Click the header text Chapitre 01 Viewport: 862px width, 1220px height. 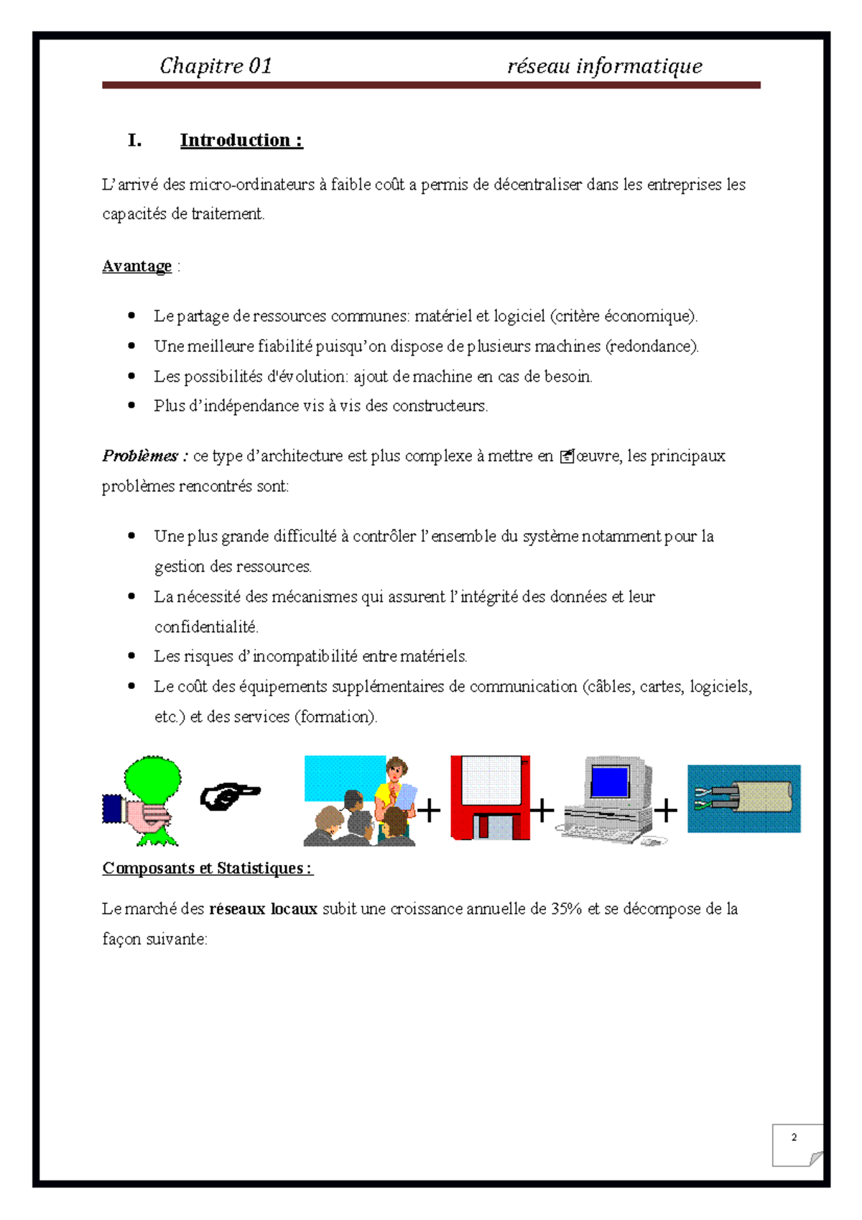tap(215, 66)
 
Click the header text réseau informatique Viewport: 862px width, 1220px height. tap(604, 66)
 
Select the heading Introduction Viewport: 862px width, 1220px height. tap(241, 140)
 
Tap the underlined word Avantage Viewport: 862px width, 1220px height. tap(136, 267)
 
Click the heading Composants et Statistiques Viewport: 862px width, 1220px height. tap(207, 868)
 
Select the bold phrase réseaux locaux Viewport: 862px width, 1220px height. tap(263, 909)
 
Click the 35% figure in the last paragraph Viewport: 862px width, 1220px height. tap(566, 909)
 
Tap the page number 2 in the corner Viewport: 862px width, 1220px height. tap(794, 1137)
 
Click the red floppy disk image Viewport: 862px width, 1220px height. tap(490, 798)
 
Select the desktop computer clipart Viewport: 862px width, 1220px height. tap(610, 799)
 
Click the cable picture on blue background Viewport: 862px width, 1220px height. tap(743, 799)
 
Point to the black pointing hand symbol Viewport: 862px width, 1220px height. tap(229, 797)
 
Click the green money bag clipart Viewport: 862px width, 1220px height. tap(144, 800)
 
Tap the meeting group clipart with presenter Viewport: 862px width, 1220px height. tap(359, 800)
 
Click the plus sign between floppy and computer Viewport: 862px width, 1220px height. tap(542, 810)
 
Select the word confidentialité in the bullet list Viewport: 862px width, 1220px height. tap(205, 627)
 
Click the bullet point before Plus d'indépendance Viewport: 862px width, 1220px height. tap(131, 405)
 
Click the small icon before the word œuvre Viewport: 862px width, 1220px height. tap(566, 456)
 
